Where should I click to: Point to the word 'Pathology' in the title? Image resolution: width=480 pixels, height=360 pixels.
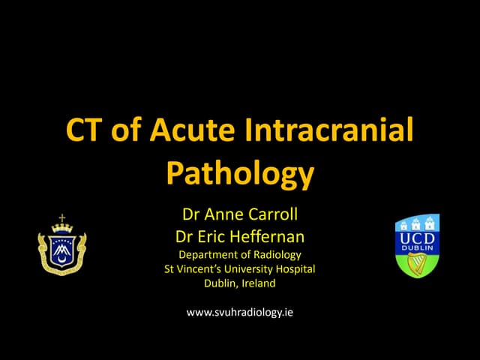pos(239,172)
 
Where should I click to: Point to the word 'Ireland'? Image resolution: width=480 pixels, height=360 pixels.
pos(259,283)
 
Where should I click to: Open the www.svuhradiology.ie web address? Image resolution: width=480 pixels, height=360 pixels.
pos(239,311)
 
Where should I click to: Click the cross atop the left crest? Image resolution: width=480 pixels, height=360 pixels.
pos(62,218)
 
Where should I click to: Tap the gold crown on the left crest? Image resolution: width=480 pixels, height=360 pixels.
pos(62,229)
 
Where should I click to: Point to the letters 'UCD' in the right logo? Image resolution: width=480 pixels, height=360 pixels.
pos(417,237)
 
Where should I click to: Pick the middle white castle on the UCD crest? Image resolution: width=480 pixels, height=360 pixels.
pos(418,222)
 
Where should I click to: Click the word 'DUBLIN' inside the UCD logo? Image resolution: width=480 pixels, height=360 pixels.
pos(417,248)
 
